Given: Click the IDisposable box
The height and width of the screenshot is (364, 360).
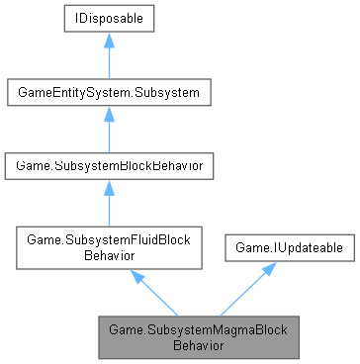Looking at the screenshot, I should tap(106, 21).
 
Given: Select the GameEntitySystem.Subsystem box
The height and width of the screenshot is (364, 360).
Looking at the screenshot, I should tap(106, 94).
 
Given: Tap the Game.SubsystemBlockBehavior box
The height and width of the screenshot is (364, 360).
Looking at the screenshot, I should tap(106, 167).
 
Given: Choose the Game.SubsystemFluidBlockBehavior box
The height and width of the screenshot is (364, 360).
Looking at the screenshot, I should tap(106, 246).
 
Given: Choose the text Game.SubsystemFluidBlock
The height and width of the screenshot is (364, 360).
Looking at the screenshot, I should tap(106, 239).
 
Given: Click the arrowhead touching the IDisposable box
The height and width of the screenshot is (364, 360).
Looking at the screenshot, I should tap(106, 44).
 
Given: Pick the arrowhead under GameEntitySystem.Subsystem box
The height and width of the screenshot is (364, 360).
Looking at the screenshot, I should tap(106, 117).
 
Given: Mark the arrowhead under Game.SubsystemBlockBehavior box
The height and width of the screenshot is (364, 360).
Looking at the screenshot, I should tap(106, 190).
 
